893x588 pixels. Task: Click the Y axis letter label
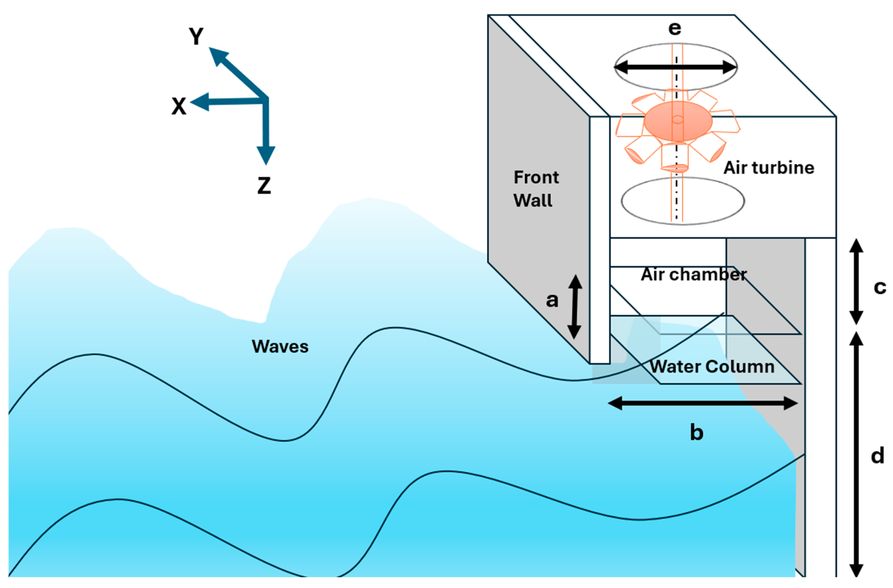pyautogui.click(x=196, y=36)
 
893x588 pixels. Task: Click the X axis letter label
pyautogui.click(x=179, y=106)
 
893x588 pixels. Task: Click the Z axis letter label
pyautogui.click(x=264, y=186)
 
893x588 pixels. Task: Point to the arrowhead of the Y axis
pyautogui.click(x=218, y=55)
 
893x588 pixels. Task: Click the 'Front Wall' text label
pyautogui.click(x=535, y=189)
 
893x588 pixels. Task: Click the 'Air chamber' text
pyautogui.click(x=693, y=274)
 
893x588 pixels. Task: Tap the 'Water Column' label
pyautogui.click(x=712, y=366)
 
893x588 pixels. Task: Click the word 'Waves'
pyautogui.click(x=280, y=346)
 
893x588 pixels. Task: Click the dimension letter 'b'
pyautogui.click(x=696, y=432)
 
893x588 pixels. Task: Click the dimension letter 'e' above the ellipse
pyautogui.click(x=675, y=28)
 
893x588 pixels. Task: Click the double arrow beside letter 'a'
pyautogui.click(x=574, y=307)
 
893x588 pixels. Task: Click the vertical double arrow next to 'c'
pyautogui.click(x=856, y=281)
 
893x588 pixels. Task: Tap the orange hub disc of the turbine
pyautogui.click(x=678, y=121)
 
